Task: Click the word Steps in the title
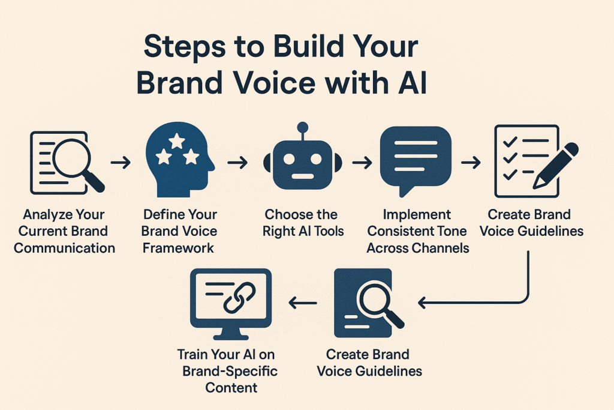(185, 47)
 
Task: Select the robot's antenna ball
(302, 127)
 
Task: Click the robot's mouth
(302, 176)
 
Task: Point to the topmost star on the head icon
(177, 140)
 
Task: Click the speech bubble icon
(415, 161)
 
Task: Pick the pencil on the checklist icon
(555, 166)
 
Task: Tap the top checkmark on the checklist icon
(510, 141)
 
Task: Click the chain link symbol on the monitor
(239, 299)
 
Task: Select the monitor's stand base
(230, 337)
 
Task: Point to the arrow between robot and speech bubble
(362, 162)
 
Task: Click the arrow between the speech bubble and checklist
(471, 162)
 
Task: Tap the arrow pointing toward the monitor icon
(303, 303)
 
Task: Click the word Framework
(178, 248)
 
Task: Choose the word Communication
(65, 248)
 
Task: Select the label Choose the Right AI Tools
(303, 223)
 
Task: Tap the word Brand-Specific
(230, 371)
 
